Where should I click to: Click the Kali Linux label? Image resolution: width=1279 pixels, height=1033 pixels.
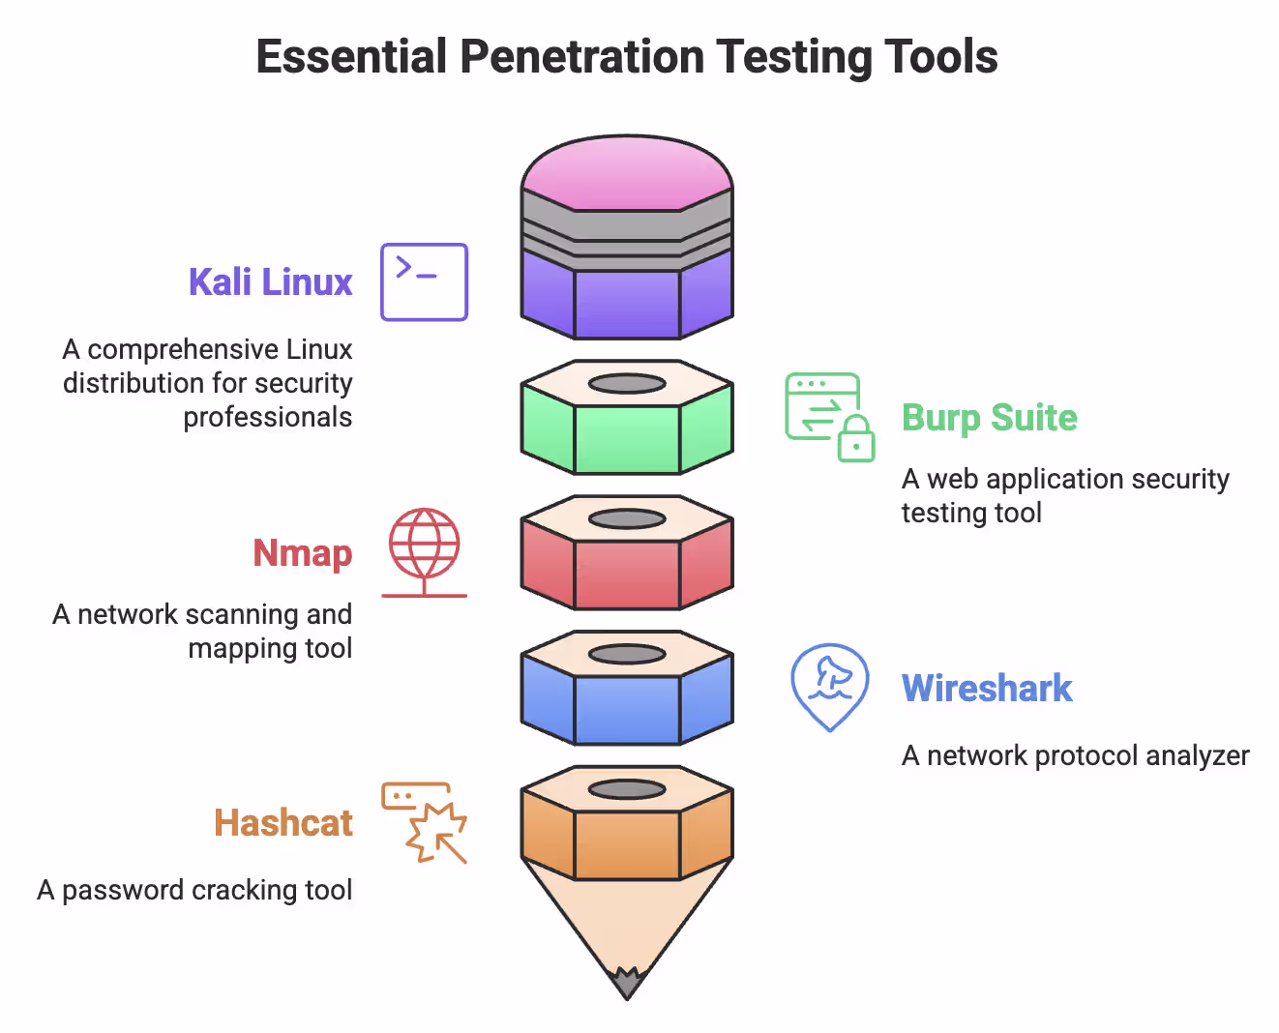tap(270, 282)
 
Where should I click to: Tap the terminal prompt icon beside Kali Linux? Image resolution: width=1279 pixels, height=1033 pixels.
tap(424, 281)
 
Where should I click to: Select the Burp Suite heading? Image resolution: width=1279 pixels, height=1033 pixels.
tap(989, 418)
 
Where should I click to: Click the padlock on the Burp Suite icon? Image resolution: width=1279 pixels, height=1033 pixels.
tap(856, 439)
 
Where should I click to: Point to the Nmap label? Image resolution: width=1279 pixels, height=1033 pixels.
tap(302, 553)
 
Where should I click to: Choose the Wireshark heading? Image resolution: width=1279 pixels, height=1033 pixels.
tap(987, 689)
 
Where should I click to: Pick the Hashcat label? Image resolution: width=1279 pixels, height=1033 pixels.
tap(283, 823)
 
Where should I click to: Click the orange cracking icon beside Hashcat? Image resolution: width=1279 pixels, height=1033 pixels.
tap(426, 822)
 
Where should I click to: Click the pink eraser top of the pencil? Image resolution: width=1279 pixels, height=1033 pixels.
tap(627, 174)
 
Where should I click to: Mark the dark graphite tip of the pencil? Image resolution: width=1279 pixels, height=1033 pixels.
tap(627, 984)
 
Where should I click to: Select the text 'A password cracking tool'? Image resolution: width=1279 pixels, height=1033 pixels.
tap(194, 890)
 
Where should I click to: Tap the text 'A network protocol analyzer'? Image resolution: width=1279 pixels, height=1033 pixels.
tap(1075, 755)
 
